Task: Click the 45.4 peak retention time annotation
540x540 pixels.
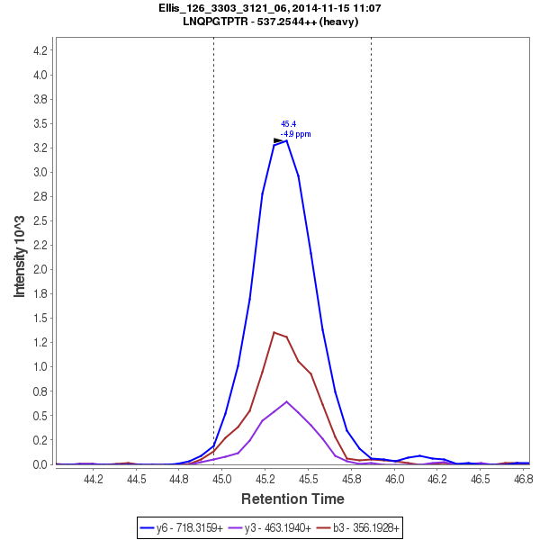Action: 288,124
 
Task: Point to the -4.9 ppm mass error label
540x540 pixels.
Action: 295,134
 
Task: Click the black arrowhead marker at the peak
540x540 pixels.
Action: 278,140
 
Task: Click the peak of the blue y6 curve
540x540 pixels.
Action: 286,140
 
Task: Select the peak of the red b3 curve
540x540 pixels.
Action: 274,332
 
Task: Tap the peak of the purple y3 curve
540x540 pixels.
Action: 286,401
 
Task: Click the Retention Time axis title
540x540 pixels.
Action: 292,499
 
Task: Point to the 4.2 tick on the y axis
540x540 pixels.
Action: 40,50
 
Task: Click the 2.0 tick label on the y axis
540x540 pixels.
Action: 40,269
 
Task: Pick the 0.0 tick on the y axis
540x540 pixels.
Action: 40,464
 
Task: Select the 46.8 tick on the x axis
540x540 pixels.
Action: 523,480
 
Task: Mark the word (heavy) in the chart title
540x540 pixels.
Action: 339,21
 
